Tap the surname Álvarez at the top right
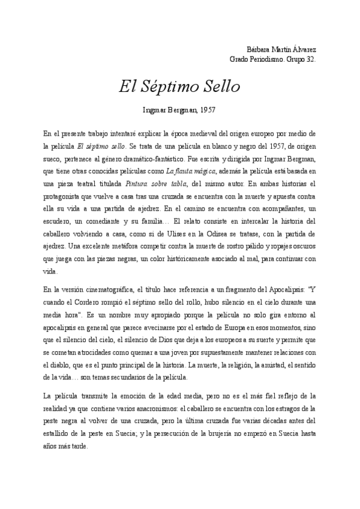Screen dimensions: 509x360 click(304, 49)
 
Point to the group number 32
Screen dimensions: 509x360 click(310, 59)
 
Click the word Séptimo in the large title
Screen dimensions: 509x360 click(172, 86)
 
